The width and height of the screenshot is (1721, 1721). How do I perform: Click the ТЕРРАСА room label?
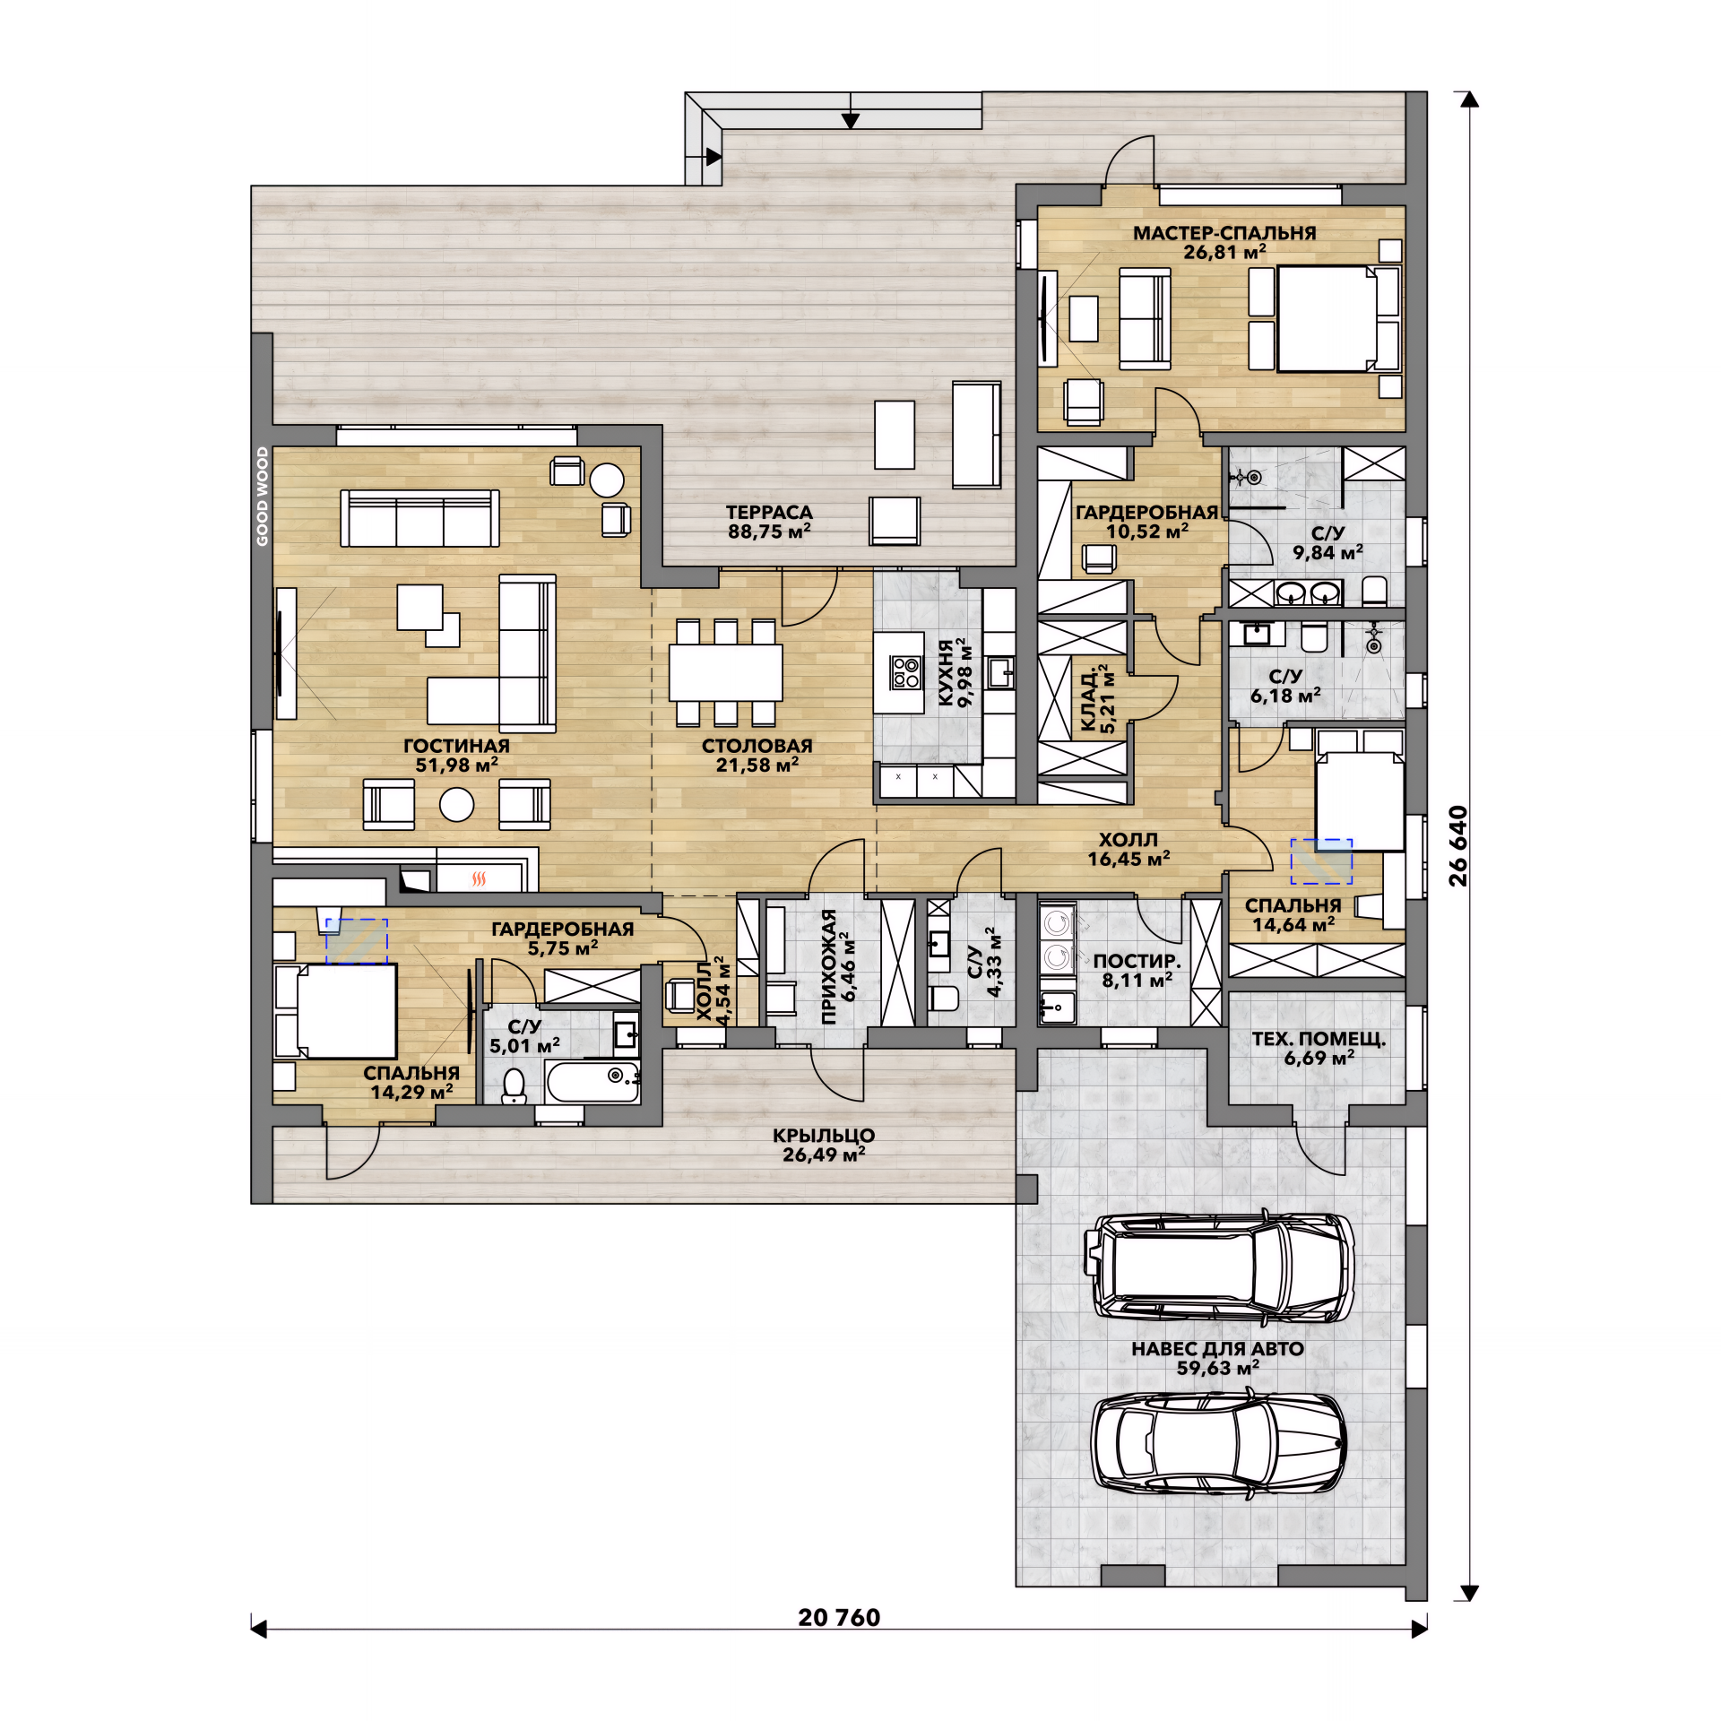click(x=769, y=512)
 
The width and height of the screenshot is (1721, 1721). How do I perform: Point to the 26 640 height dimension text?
click(x=1458, y=845)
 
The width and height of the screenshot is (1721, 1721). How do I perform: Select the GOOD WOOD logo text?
click(x=262, y=496)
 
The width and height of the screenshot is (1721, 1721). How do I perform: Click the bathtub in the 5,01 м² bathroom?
click(x=592, y=1083)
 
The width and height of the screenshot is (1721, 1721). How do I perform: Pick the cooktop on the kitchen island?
click(x=905, y=672)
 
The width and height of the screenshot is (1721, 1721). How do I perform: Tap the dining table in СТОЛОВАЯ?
click(x=725, y=672)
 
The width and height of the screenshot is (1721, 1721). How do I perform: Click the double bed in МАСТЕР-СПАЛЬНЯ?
click(x=1327, y=318)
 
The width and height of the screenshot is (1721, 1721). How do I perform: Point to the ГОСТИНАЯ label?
click(x=456, y=746)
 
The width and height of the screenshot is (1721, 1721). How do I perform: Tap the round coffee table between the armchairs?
click(x=456, y=804)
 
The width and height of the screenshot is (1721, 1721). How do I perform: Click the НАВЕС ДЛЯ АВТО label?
click(x=1217, y=1349)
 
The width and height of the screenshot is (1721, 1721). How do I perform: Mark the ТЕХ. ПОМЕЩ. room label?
click(x=1319, y=1039)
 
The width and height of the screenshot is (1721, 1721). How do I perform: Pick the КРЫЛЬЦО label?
click(x=824, y=1135)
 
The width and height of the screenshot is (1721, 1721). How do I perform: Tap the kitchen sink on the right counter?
click(x=1000, y=672)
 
